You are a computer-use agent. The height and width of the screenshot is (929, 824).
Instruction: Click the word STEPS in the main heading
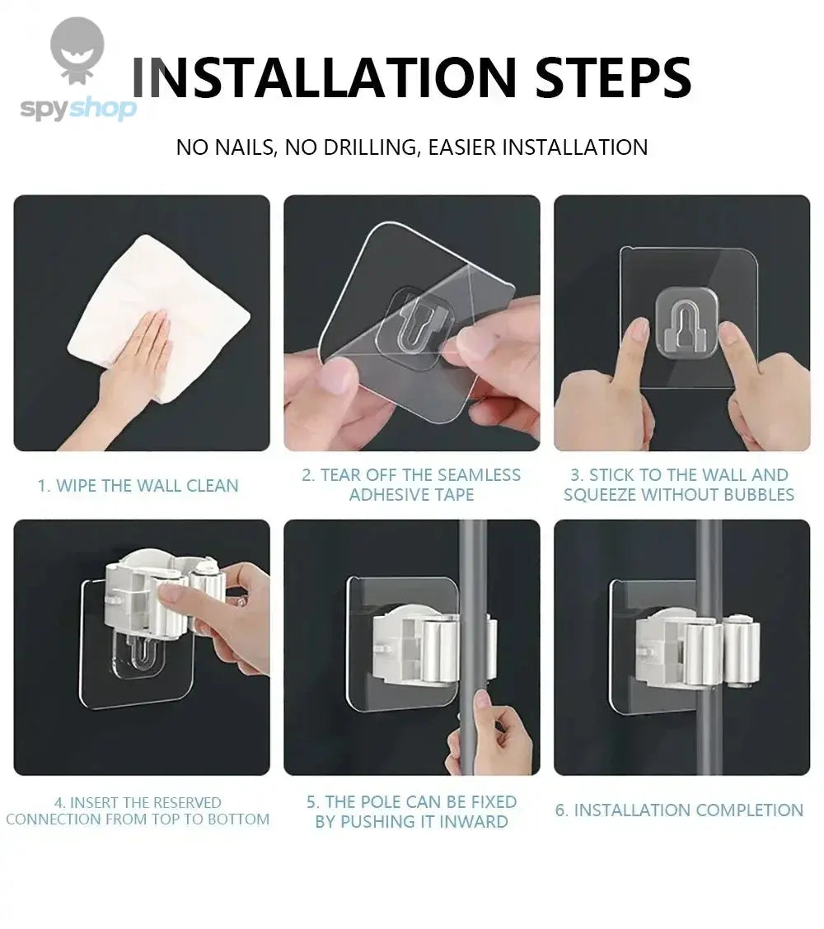click(613, 78)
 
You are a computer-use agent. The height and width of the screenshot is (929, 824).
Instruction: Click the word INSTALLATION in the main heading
click(325, 78)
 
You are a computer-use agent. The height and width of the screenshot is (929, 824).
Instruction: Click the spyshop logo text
click(77, 109)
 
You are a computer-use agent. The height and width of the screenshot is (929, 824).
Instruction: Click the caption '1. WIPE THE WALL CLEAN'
click(138, 486)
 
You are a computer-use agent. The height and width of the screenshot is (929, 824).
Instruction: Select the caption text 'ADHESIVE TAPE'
click(411, 495)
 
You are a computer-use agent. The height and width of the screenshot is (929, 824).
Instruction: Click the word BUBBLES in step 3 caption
click(759, 495)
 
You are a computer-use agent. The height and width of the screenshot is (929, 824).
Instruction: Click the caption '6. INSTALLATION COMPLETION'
click(679, 810)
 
